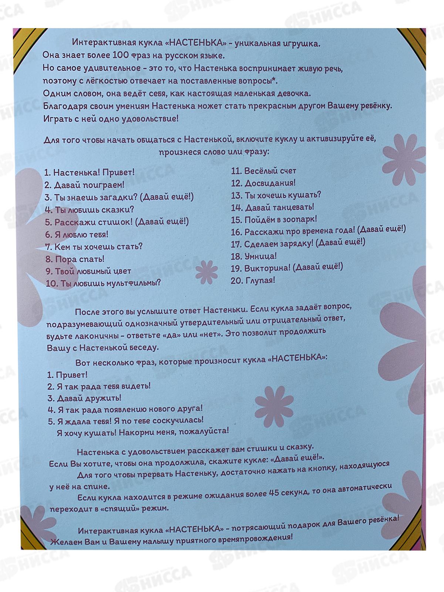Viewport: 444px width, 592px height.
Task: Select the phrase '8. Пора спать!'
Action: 75,259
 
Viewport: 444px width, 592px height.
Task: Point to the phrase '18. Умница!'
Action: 254,256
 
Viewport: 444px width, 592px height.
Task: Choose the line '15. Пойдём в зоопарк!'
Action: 274,220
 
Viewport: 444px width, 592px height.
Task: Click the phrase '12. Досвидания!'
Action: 263,183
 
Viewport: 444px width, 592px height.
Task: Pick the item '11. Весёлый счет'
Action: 264,171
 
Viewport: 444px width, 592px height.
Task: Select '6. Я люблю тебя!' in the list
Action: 77,234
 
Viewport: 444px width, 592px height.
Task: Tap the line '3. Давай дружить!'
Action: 84,398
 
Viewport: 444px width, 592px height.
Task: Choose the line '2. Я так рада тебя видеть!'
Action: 99,386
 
